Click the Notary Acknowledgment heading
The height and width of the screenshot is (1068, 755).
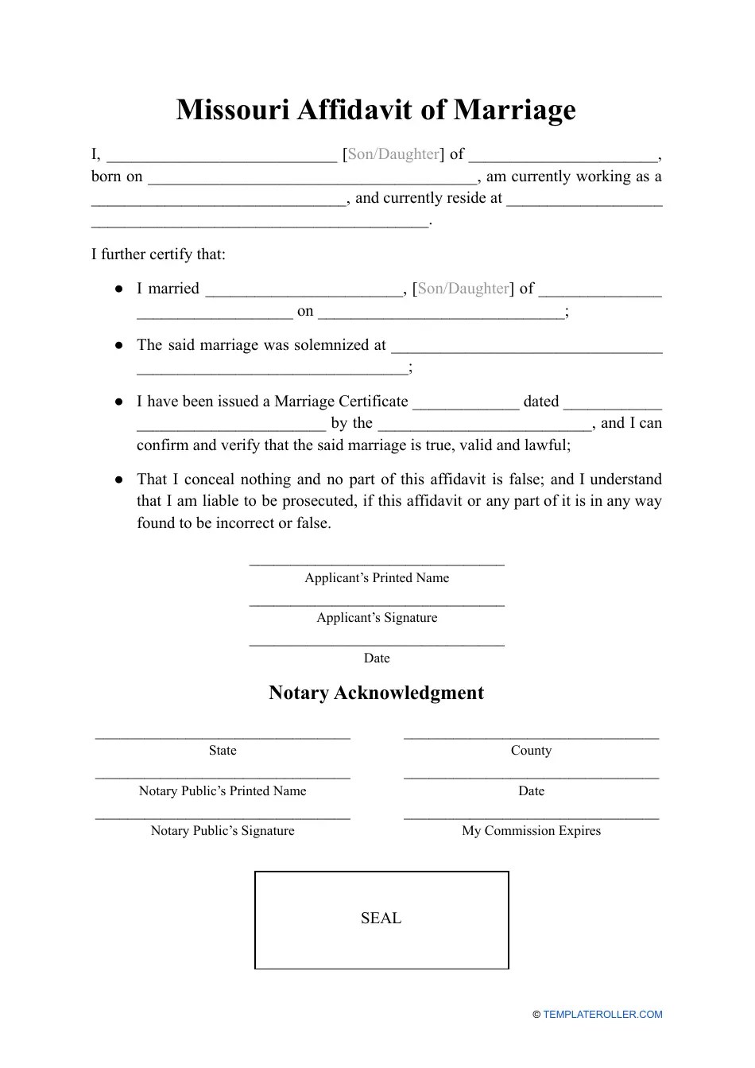point(376,693)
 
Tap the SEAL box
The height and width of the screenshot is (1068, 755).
point(381,919)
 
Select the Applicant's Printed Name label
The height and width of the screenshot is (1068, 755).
point(377,578)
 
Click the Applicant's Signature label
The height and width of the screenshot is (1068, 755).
point(377,618)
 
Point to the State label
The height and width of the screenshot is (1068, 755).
point(223,751)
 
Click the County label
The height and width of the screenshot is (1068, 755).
point(531,751)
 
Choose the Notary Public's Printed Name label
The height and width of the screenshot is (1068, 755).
point(223,791)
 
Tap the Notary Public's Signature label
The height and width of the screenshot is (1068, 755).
point(223,831)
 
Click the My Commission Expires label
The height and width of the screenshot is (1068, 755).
point(531,831)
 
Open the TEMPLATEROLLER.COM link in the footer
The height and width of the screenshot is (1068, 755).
point(602,1015)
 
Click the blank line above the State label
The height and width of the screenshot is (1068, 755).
point(223,737)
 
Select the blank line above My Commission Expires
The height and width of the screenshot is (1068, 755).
point(531,818)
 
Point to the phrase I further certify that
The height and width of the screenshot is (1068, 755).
point(158,254)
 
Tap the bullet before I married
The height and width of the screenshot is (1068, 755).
point(118,289)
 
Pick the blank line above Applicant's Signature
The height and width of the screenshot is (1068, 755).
point(377,605)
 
